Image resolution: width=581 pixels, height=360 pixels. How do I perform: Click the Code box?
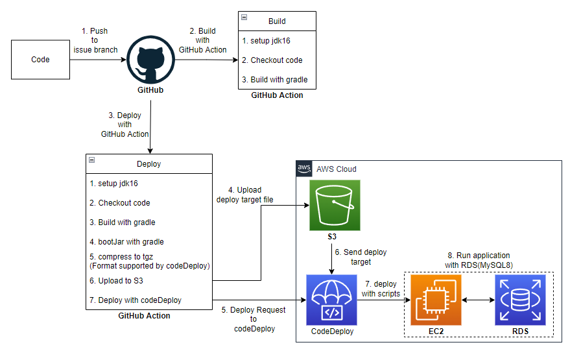point(40,60)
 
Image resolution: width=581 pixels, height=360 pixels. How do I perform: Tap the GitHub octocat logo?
point(150,59)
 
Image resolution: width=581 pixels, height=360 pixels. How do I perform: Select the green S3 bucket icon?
point(335,205)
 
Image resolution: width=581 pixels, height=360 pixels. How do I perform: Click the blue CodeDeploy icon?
point(331,300)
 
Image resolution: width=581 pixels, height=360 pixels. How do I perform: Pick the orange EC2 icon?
point(436,300)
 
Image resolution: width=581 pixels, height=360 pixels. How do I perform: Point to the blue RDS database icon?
point(520,300)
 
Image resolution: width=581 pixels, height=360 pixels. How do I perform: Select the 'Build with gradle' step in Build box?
point(274,80)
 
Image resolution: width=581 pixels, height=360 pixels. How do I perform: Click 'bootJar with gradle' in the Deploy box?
point(126,242)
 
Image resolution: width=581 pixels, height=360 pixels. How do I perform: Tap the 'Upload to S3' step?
point(117,281)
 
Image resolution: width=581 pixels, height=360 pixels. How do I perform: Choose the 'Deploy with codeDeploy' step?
point(136,300)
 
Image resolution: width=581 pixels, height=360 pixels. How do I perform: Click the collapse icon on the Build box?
point(244,18)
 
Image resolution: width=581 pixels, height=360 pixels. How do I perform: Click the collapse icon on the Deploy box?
point(91,160)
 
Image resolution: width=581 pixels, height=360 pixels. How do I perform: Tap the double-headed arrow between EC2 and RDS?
point(478,300)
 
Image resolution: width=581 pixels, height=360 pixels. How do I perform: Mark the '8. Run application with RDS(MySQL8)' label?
point(479,260)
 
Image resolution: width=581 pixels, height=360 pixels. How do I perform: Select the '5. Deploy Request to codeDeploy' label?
point(254,319)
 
